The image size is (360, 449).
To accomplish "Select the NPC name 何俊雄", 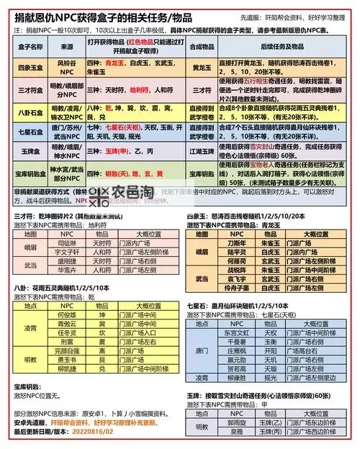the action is [x=66, y=314].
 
